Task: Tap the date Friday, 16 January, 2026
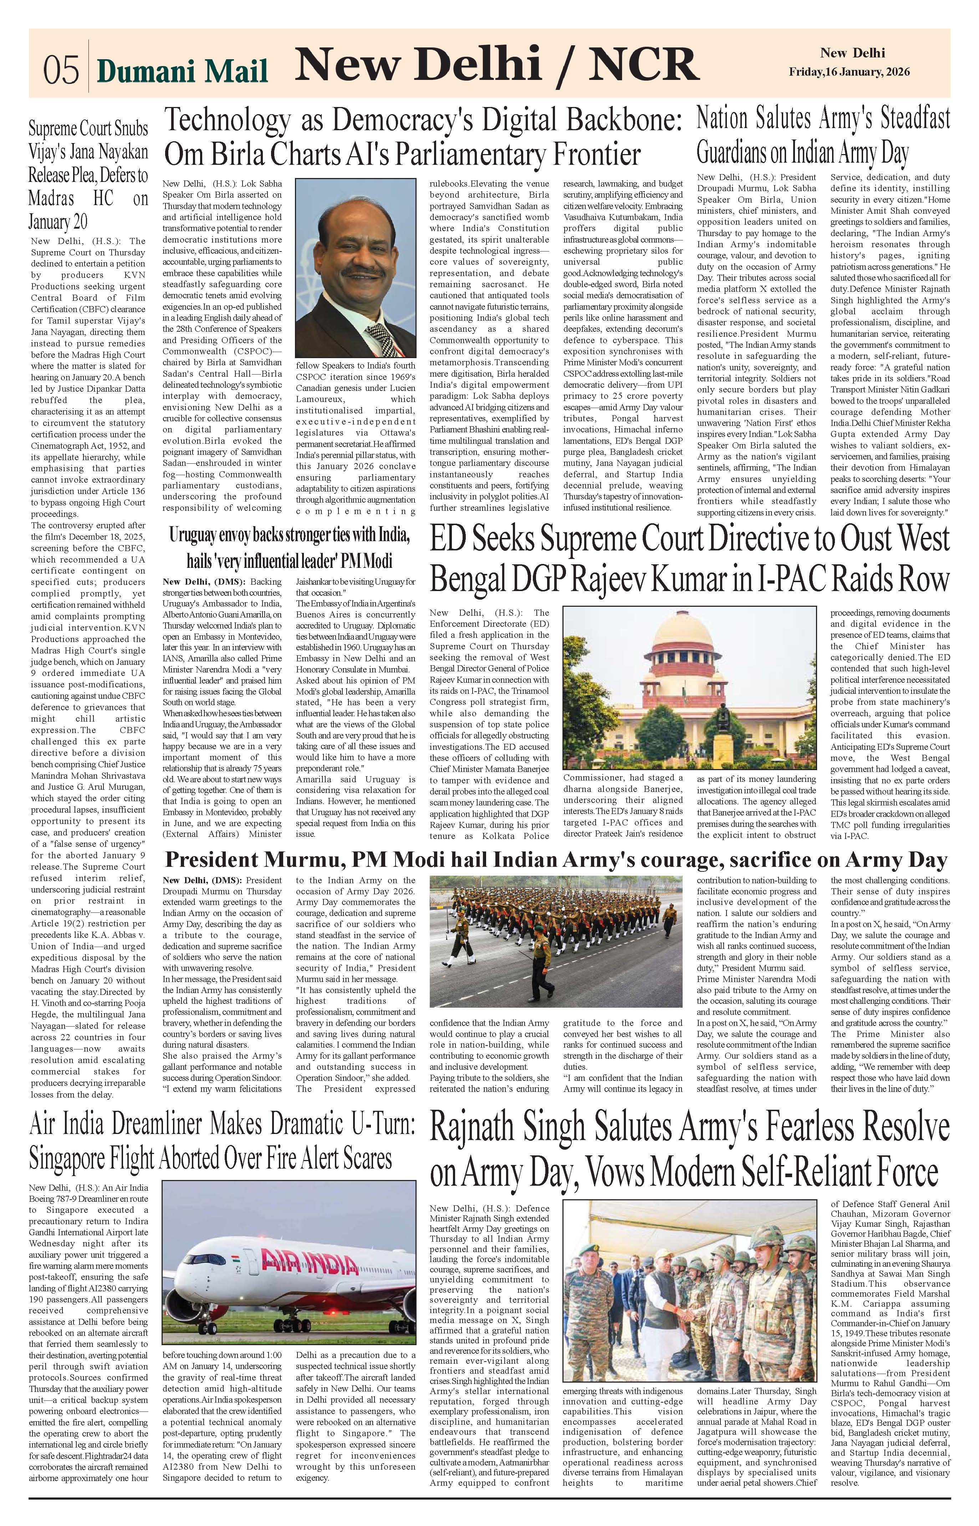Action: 849,72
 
